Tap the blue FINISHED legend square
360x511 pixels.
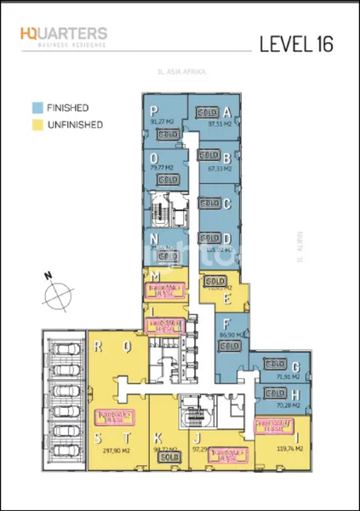coord(38,108)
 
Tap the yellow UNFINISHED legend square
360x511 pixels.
coord(38,124)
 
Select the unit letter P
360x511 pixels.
coord(154,111)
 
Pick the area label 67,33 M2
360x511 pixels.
coord(220,169)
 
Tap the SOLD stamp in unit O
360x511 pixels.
coord(167,181)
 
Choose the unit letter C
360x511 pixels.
coord(227,204)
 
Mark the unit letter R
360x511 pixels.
coord(100,347)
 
